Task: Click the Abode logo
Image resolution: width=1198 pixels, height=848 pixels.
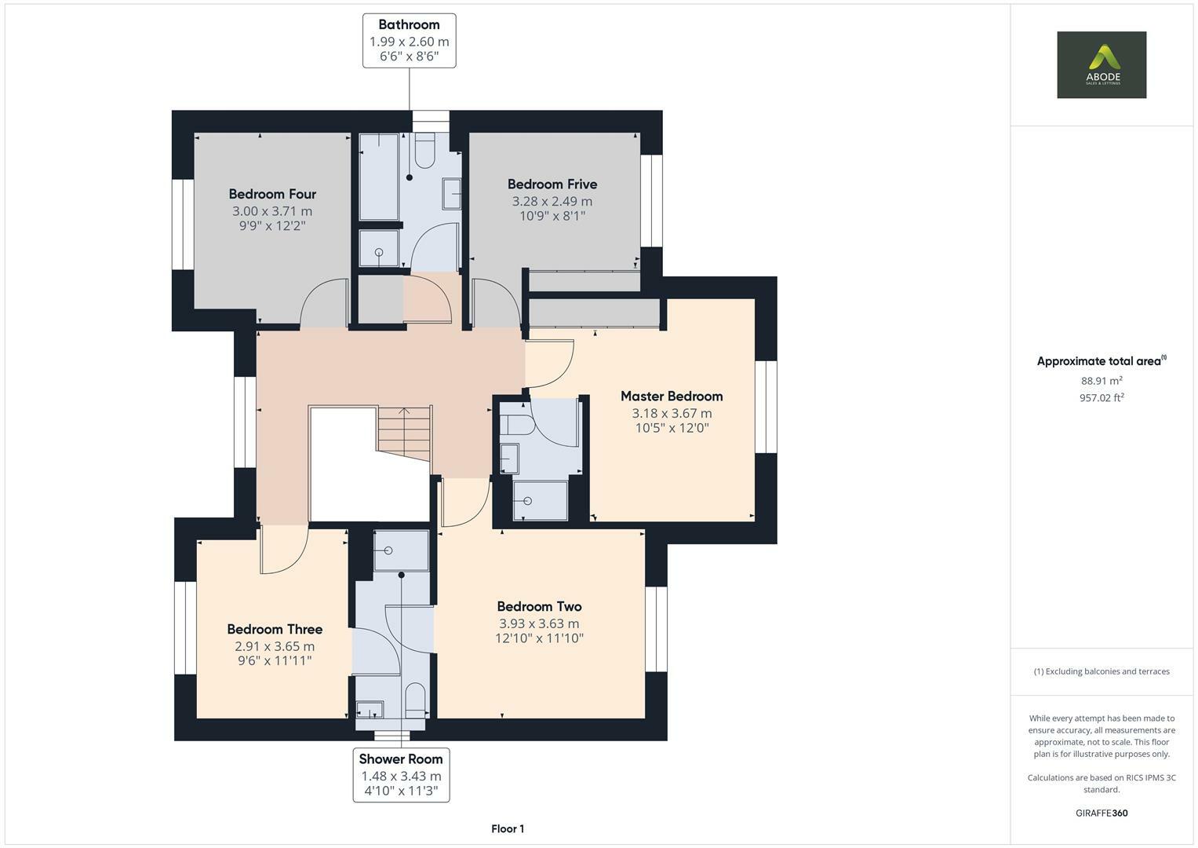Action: [x=1101, y=64]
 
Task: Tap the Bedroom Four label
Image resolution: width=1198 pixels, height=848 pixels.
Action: [x=272, y=194]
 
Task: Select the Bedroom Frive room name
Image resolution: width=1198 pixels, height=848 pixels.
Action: [x=552, y=184]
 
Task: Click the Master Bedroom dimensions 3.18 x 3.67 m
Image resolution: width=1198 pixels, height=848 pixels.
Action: [x=672, y=413]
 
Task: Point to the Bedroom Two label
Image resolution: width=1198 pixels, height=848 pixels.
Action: [x=539, y=606]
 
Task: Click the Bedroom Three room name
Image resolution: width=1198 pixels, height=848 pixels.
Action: [x=275, y=629]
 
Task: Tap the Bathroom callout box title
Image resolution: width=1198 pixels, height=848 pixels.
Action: [x=409, y=24]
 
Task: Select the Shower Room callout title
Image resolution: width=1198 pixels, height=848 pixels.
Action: [x=401, y=758]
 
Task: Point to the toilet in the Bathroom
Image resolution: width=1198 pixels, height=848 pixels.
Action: [x=424, y=151]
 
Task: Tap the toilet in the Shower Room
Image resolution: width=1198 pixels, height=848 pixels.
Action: [x=415, y=698]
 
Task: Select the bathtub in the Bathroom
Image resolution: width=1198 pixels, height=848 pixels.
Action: [x=379, y=176]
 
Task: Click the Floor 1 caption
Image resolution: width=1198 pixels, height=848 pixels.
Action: [x=508, y=828]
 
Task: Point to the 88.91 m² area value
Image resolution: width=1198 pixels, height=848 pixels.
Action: [x=1101, y=381]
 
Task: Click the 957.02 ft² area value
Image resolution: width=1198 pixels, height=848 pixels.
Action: [x=1101, y=397]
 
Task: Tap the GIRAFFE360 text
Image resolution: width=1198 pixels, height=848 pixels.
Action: [x=1101, y=813]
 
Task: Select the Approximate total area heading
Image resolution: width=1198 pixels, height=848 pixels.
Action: [x=1098, y=361]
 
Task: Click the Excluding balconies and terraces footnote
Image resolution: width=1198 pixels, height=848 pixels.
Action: [x=1101, y=671]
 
